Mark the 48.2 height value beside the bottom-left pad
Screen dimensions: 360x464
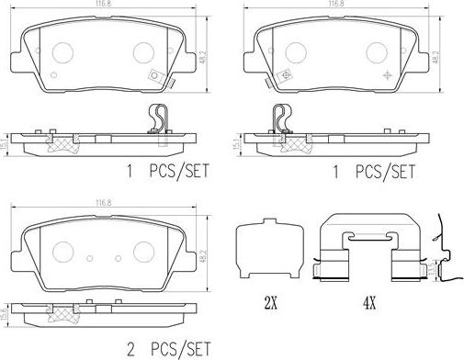[x=200, y=252]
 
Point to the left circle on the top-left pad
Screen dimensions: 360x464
[x=63, y=53]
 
